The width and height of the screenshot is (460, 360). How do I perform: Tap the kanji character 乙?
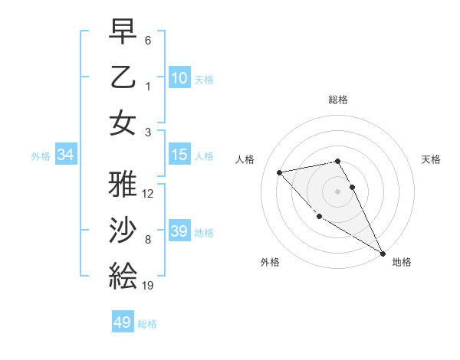click(x=123, y=77)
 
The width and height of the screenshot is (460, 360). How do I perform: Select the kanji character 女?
click(x=123, y=122)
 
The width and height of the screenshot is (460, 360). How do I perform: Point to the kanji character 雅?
click(x=123, y=184)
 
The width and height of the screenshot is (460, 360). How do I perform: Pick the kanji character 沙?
click(x=123, y=230)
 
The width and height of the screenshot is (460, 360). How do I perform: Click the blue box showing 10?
click(x=179, y=77)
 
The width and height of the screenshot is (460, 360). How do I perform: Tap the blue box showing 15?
click(x=179, y=155)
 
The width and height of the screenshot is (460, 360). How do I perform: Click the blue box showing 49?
click(x=123, y=322)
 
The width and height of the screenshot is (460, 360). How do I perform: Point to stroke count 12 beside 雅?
click(x=149, y=194)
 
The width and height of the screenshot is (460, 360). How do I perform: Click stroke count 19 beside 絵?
click(x=148, y=286)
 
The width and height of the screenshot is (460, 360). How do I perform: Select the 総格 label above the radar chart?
click(x=338, y=100)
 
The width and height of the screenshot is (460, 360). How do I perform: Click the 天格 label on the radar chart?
click(x=431, y=159)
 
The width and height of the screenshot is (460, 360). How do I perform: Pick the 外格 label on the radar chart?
click(x=270, y=262)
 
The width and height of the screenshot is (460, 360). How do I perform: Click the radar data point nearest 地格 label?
click(x=383, y=253)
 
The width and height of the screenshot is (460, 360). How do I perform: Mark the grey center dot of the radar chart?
click(x=338, y=191)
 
